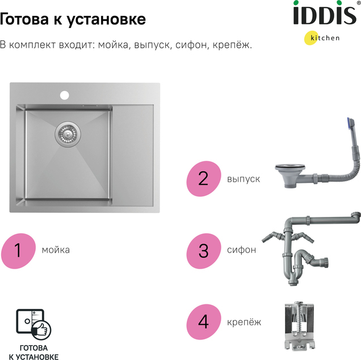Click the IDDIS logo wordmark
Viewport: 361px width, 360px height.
(x=325, y=13)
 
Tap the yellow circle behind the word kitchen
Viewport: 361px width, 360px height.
(x=312, y=37)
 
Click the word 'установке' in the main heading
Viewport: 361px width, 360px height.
(x=106, y=19)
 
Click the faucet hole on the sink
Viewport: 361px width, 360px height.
(x=65, y=95)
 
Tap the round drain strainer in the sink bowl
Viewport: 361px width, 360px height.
(x=68, y=133)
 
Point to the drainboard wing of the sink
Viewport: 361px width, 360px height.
(x=133, y=156)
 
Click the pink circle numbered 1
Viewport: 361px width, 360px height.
(x=18, y=251)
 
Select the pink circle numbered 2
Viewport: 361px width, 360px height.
(x=204, y=178)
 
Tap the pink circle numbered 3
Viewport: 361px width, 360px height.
(x=204, y=251)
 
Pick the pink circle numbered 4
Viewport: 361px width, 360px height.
(x=204, y=322)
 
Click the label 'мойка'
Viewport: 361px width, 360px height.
(x=56, y=250)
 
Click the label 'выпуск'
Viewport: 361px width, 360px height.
(x=244, y=179)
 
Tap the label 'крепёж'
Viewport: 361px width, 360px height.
(x=244, y=323)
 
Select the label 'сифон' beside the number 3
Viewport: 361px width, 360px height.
(x=241, y=250)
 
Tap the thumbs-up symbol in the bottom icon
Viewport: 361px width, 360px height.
(x=41, y=329)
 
